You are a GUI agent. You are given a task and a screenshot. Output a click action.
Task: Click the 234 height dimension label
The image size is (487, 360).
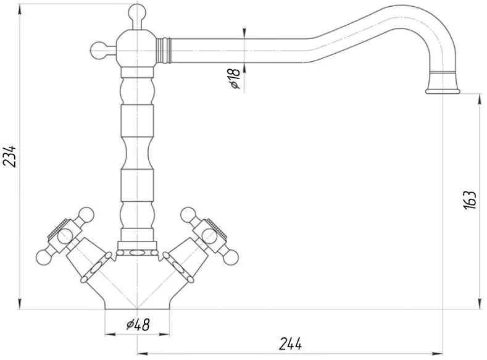coord(9,156)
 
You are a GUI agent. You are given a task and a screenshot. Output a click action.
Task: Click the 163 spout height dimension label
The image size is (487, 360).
coord(470,199)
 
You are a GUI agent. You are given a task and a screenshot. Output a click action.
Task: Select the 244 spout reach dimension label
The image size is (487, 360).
coord(290,344)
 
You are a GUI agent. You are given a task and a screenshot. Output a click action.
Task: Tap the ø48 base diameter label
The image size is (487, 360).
coord(138,325)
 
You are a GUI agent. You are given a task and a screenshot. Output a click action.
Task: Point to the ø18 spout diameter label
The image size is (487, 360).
coord(235,78)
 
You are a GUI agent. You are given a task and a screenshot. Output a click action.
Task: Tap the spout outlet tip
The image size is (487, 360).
coord(443,91)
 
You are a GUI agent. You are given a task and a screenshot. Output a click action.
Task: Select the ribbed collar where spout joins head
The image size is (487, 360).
coord(163,50)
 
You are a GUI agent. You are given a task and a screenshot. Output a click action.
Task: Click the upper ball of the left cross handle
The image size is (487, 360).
coord(86,216)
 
